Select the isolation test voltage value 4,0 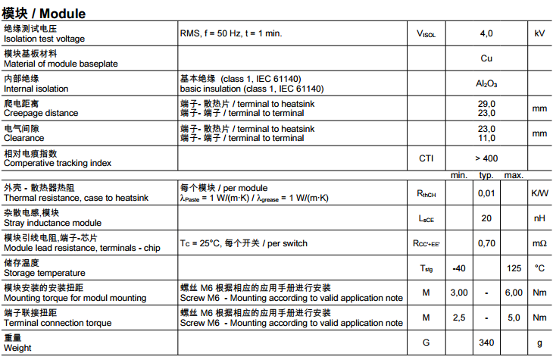[486, 33]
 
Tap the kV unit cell [539, 33]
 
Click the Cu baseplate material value [486, 58]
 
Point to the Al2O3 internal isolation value [486, 83]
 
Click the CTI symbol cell [426, 158]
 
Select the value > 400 [486, 158]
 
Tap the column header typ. [486, 176]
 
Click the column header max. [514, 176]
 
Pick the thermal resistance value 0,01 [486, 193]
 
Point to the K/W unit [539, 193]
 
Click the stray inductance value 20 [486, 218]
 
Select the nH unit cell [539, 218]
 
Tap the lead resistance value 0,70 [486, 243]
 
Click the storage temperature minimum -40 [458, 268]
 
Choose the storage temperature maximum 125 [514, 268]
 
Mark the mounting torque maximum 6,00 [514, 293]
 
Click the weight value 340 [486, 343]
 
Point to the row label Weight [17, 348]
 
